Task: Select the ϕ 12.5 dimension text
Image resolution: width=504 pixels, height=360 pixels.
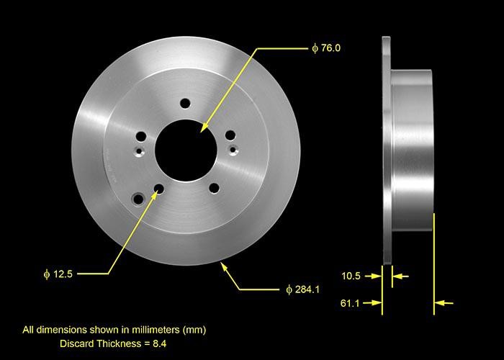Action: (58, 274)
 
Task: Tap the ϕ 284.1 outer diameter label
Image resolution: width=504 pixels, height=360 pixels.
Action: (302, 289)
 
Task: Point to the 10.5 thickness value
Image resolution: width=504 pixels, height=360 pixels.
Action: (352, 275)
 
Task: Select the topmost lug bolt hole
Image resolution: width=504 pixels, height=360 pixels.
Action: (185, 104)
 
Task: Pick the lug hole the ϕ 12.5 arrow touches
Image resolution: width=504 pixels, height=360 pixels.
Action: (158, 189)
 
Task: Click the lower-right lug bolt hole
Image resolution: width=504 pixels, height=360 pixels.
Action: (214, 188)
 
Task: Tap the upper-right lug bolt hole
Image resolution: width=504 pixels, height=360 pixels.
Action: (230, 135)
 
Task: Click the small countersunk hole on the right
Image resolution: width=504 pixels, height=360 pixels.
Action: (233, 149)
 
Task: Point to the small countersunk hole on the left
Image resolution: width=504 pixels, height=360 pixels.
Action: (138, 150)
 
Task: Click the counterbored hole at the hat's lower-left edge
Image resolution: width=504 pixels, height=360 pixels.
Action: (136, 197)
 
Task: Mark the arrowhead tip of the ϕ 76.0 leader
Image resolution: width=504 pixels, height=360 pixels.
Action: (202, 130)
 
